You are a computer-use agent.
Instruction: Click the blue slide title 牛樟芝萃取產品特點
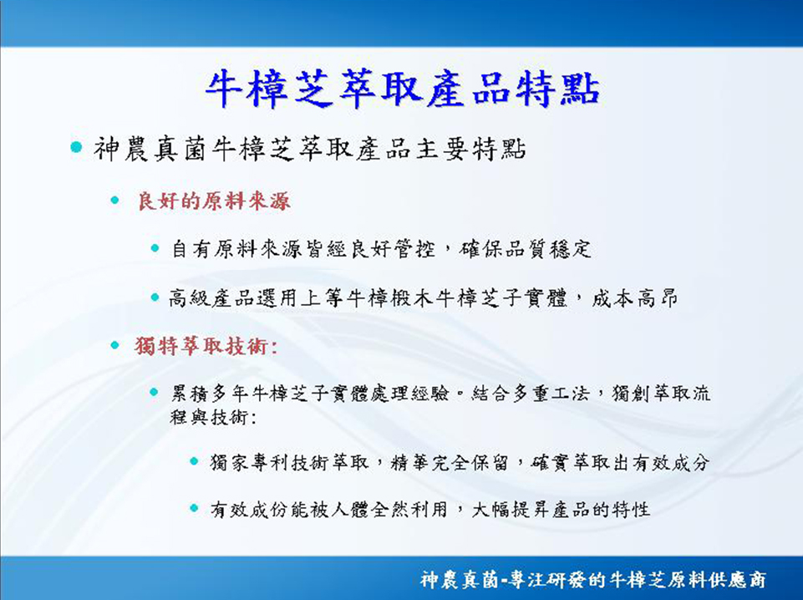[x=403, y=89]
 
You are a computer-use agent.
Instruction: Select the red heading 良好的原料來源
[x=214, y=201]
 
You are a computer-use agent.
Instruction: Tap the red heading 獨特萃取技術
[x=206, y=347]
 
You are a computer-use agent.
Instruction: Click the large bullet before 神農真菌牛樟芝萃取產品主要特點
[x=76, y=147]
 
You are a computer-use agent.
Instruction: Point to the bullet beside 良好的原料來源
[x=114, y=201]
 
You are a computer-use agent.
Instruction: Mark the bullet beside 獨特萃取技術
[x=114, y=346]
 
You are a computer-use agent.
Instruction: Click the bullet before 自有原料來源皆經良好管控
[x=155, y=249]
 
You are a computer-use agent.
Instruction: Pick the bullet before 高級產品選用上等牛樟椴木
[x=155, y=297]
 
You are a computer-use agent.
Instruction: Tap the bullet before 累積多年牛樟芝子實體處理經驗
[x=154, y=393]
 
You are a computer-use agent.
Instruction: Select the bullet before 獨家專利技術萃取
[x=194, y=461]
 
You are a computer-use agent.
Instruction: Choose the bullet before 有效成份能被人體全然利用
[x=194, y=508]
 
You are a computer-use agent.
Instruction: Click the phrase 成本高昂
[x=635, y=298]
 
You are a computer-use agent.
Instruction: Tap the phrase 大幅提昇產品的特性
[x=561, y=510]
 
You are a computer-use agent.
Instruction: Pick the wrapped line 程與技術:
[x=213, y=417]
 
